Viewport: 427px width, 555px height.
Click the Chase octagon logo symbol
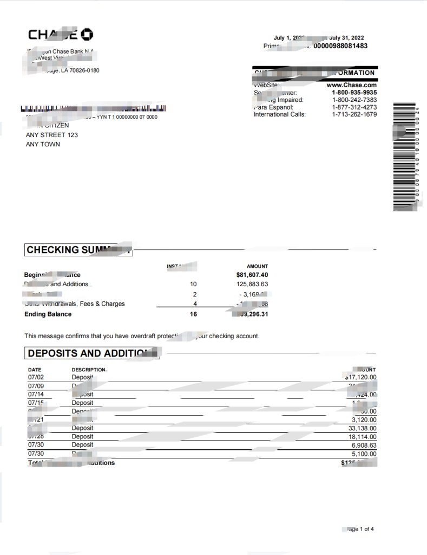(x=87, y=35)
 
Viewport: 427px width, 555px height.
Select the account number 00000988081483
(x=340, y=46)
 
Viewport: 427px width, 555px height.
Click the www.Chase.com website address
(x=352, y=85)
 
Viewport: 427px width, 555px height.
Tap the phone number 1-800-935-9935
(x=354, y=93)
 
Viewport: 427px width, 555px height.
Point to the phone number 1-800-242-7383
(x=354, y=100)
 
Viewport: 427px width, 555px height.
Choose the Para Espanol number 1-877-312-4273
(x=354, y=107)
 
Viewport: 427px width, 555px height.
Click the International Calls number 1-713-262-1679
(x=354, y=114)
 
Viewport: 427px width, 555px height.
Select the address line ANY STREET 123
(x=52, y=135)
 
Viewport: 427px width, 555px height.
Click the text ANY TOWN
(x=43, y=144)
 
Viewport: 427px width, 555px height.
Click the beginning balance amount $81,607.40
(x=252, y=275)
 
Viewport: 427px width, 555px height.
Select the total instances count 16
(x=193, y=314)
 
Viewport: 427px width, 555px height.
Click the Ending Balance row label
(x=48, y=314)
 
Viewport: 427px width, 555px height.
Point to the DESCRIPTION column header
(x=89, y=370)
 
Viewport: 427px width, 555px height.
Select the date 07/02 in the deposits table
(x=35, y=377)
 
